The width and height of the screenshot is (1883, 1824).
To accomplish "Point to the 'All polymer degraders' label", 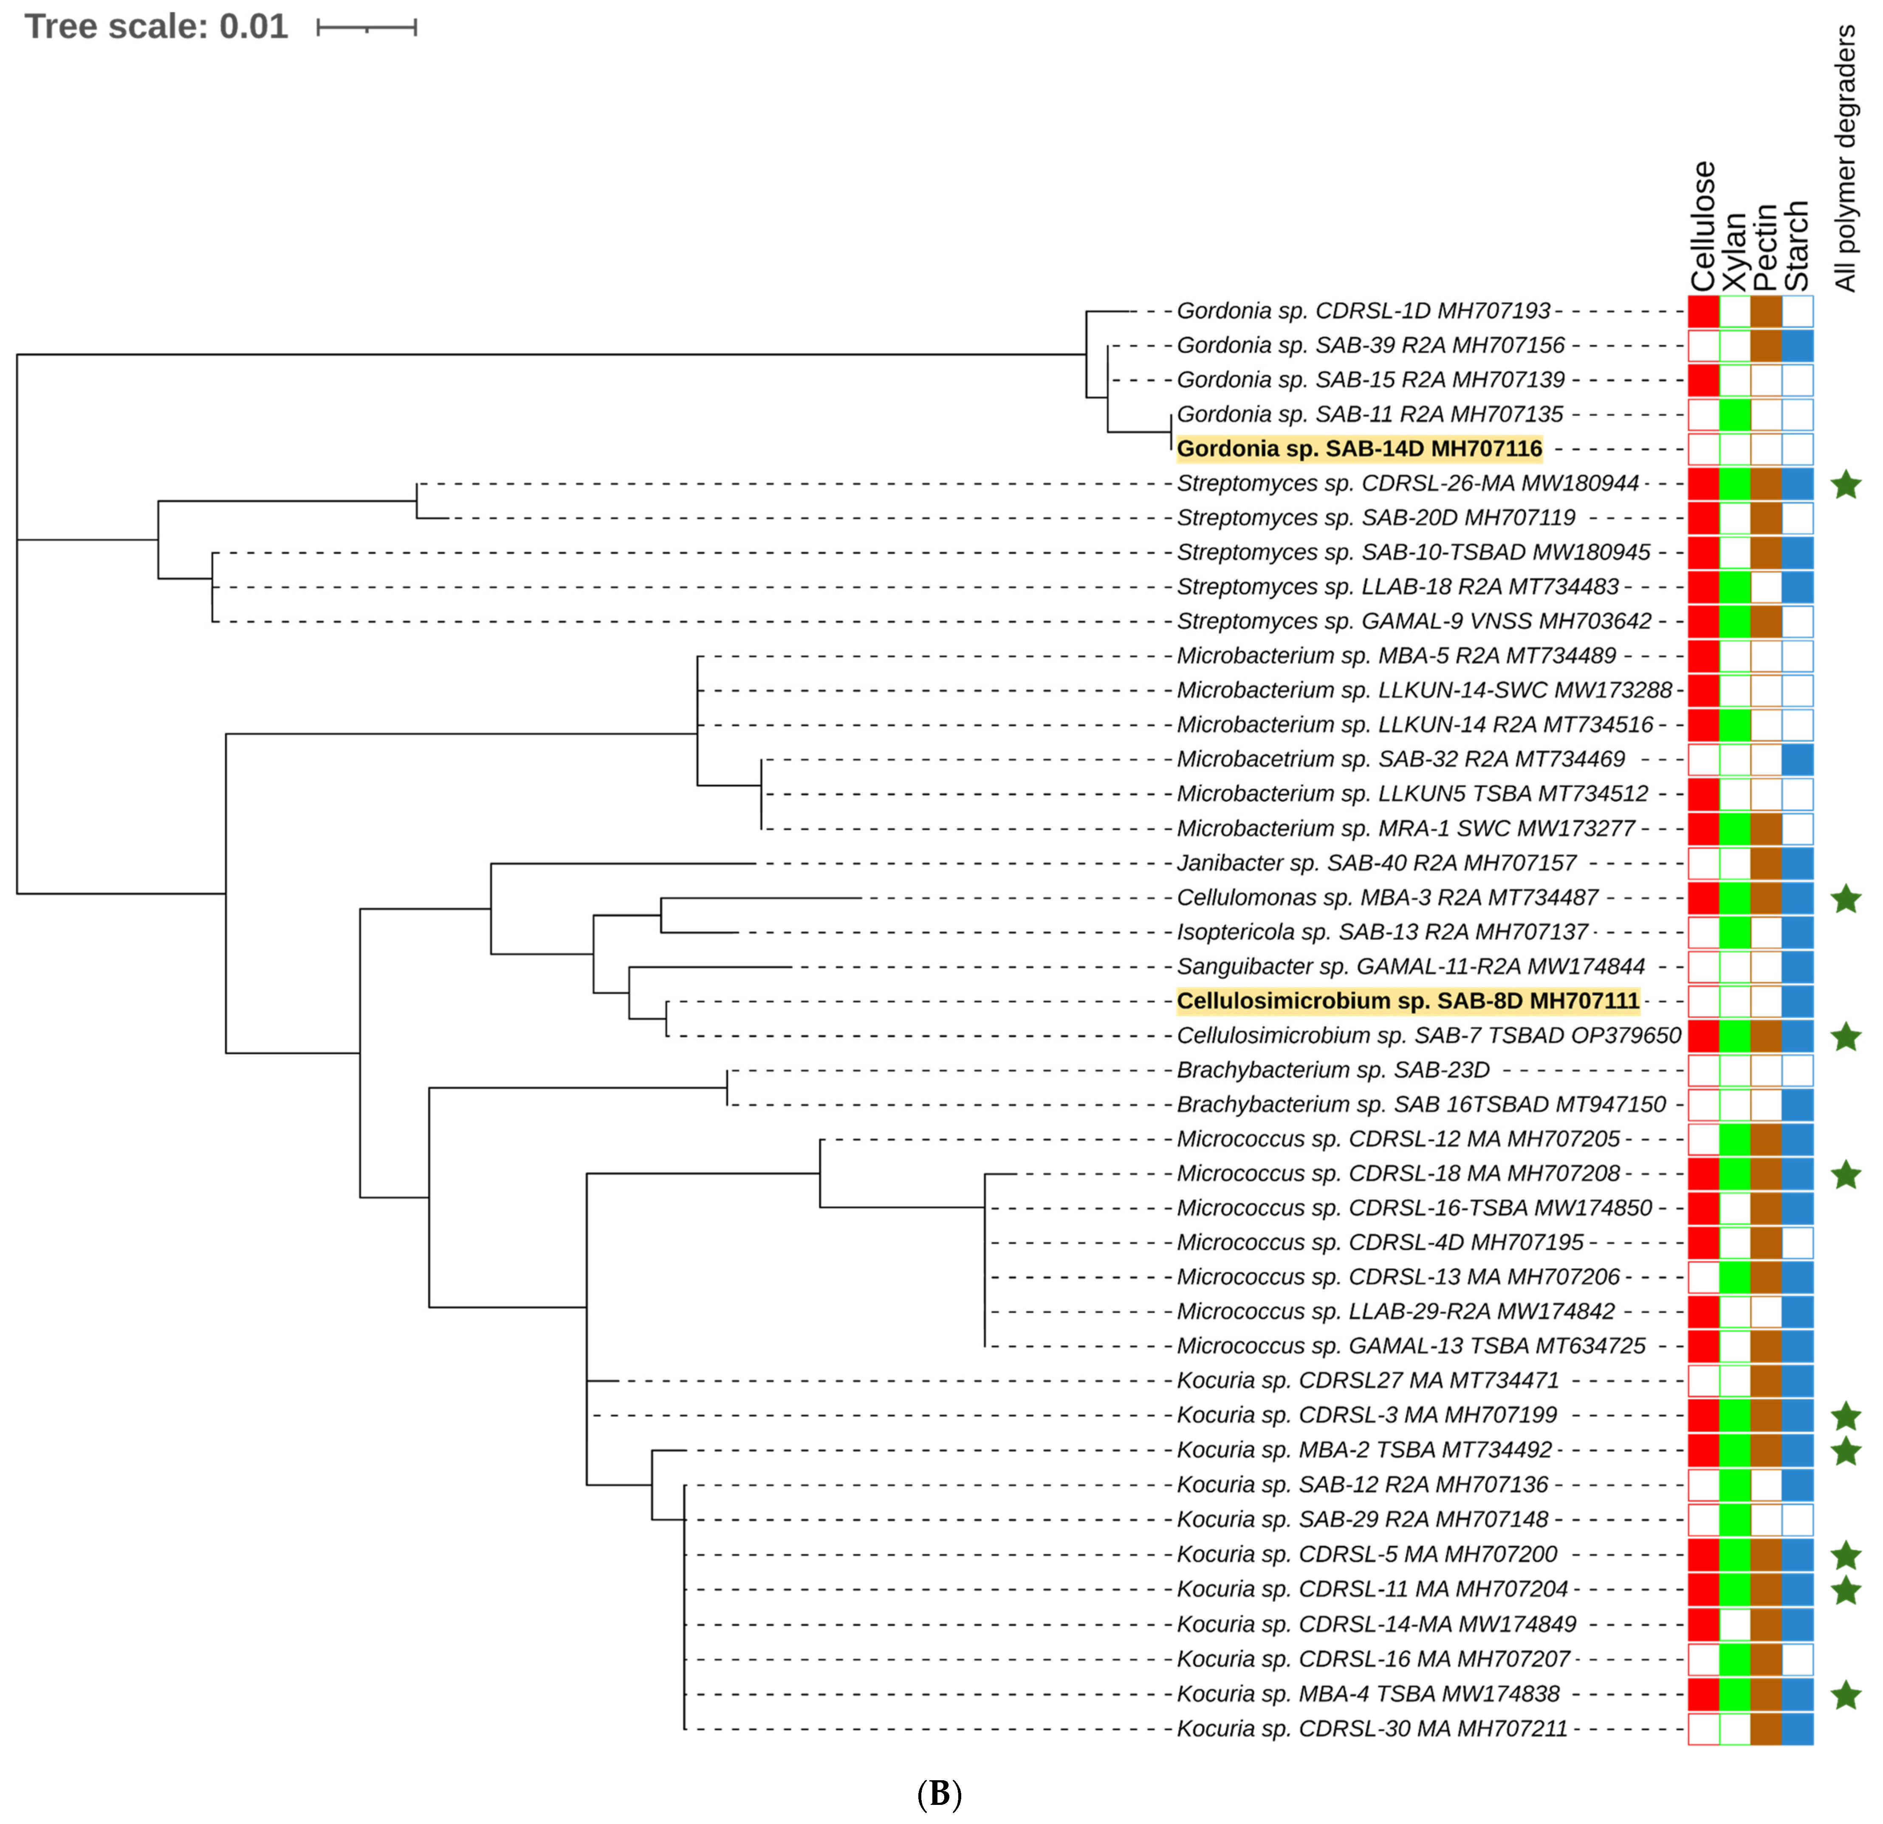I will (1845, 159).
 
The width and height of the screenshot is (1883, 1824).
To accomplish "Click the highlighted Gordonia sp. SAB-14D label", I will (1358, 449).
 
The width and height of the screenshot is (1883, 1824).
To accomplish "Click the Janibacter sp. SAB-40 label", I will (1376, 863).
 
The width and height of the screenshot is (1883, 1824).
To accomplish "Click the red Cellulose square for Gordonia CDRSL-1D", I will (1703, 312).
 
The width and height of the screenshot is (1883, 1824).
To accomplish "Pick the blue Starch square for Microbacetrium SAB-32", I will (1796, 759).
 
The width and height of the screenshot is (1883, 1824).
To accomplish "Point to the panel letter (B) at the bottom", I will (939, 1793).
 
